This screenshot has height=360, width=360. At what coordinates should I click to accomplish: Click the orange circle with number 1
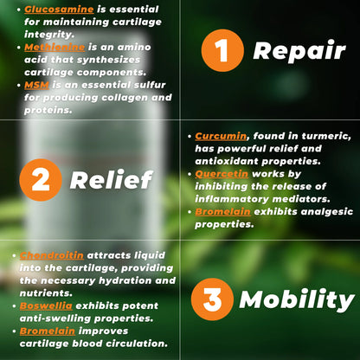click(x=223, y=52)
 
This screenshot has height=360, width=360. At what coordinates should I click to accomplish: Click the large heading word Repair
click(x=300, y=52)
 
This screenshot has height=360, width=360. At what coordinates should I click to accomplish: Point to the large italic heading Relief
click(x=111, y=180)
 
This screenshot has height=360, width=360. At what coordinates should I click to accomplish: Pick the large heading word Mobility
click(x=297, y=300)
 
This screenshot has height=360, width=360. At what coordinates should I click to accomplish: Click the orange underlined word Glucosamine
click(x=60, y=8)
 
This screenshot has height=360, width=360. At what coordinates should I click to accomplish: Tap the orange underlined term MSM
click(x=37, y=86)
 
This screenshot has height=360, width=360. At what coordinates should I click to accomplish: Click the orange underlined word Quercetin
click(x=224, y=173)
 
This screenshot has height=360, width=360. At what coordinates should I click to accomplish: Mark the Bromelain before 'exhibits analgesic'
click(x=226, y=211)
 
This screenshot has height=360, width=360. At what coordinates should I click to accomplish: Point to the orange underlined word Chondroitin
click(x=57, y=256)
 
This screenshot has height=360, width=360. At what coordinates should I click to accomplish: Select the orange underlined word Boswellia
click(x=49, y=306)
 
